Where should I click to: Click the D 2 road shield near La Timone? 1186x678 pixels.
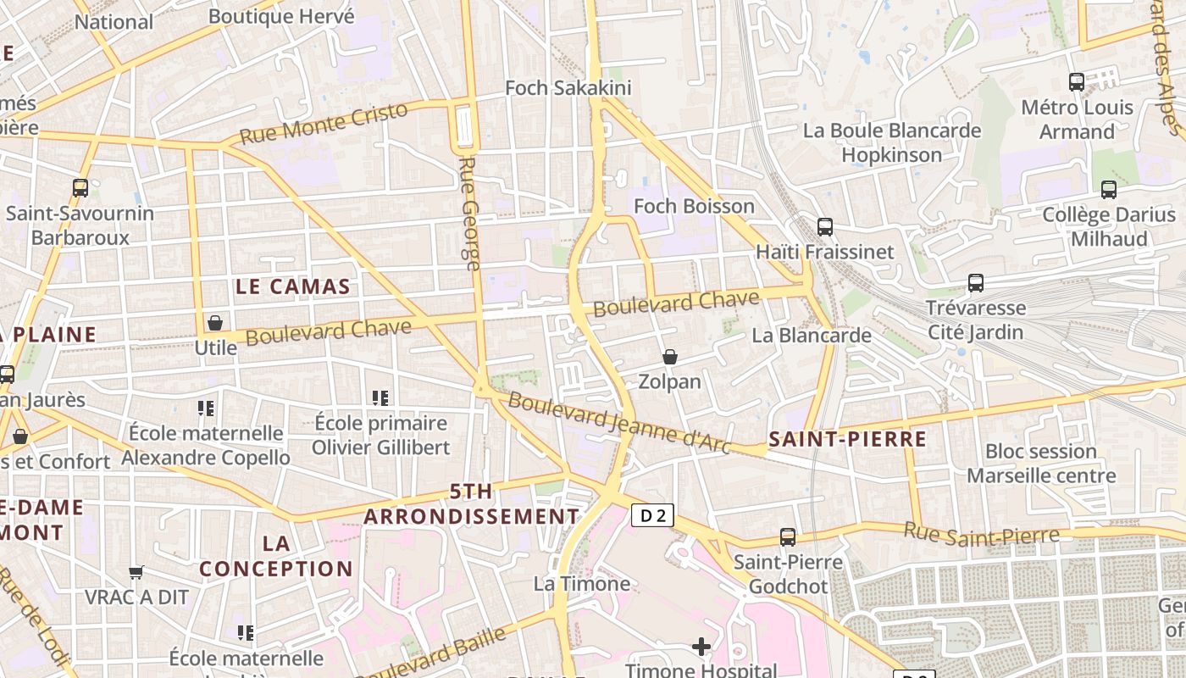point(652,515)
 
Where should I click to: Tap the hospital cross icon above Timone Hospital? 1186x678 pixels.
point(701,647)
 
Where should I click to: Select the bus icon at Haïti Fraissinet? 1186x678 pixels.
point(825,227)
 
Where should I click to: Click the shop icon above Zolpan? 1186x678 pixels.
point(670,357)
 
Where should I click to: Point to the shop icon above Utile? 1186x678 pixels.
point(215,323)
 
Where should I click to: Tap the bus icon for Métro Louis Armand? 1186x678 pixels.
point(1077,82)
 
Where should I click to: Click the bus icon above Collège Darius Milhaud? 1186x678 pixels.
point(1108,190)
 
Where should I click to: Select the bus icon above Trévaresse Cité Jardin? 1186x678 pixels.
point(976,283)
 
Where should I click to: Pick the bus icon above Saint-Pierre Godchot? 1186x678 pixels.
point(788,537)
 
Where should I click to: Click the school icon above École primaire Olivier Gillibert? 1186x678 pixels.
point(380,397)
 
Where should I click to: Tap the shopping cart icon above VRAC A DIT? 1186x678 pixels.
point(136,572)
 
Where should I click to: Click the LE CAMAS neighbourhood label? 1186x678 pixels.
point(293,286)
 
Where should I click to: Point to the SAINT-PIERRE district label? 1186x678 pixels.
point(847,439)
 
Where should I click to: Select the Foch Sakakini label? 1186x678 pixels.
point(568,88)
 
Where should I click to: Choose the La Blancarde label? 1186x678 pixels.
point(812,336)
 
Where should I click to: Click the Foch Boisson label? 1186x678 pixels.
point(694,206)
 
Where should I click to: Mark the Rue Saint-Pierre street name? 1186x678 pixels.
point(981,534)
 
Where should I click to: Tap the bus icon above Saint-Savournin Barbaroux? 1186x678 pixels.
point(80,188)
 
